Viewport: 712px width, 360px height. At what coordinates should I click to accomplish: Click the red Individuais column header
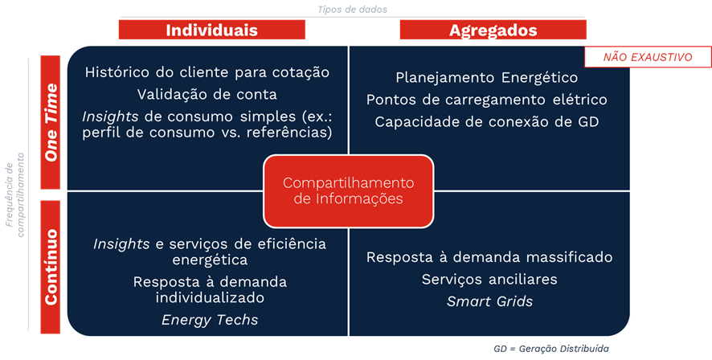point(211,30)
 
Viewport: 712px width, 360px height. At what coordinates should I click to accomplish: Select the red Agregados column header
point(493,30)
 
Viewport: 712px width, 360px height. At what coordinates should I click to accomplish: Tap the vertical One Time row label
point(51,122)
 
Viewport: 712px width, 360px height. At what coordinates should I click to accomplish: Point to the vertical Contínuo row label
point(51,267)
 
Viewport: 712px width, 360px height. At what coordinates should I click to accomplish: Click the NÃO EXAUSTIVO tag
point(648,57)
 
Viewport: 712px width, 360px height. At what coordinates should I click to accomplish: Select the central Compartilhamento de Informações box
point(348,191)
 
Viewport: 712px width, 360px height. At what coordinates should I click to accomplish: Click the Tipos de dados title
point(352,9)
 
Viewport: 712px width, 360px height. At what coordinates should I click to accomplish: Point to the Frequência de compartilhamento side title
point(14,194)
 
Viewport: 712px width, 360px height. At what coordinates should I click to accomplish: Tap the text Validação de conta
point(207,95)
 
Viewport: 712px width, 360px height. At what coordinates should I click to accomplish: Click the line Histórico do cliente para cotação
point(207,72)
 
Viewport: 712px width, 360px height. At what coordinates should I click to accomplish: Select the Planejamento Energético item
point(487,78)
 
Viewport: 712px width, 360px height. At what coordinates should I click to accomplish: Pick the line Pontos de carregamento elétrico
point(487,100)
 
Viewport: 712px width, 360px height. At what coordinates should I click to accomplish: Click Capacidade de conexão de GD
point(487,121)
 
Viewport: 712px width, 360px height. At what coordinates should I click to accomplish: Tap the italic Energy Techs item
point(210,320)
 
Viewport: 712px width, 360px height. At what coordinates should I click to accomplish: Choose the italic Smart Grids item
point(489,301)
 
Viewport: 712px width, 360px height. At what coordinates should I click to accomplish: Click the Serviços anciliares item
point(489,279)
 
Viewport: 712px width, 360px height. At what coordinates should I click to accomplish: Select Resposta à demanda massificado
point(489,257)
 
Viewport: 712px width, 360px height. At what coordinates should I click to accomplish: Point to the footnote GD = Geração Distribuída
point(551,349)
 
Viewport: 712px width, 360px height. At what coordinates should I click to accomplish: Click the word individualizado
point(210,298)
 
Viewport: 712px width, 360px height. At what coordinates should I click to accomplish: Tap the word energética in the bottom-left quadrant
point(210,260)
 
